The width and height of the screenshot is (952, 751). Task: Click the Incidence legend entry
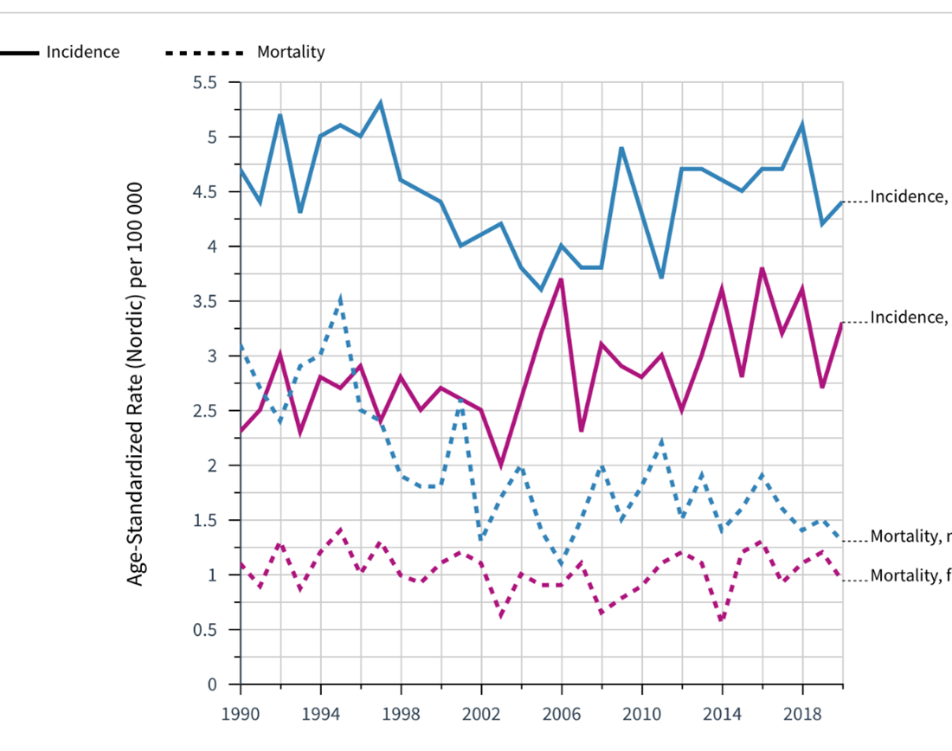(82, 52)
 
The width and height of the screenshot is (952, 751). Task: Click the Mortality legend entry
(290, 52)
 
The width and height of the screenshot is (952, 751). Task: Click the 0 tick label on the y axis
(211, 684)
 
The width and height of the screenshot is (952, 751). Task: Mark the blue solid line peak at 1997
(381, 103)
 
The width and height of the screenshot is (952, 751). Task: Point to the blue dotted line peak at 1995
(341, 298)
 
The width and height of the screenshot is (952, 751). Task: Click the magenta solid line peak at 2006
(562, 279)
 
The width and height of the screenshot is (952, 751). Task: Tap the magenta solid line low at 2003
(501, 465)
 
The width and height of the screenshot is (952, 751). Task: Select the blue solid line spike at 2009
(621, 148)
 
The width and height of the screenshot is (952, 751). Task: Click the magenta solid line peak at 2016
(762, 268)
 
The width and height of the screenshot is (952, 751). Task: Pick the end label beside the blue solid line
(909, 196)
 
